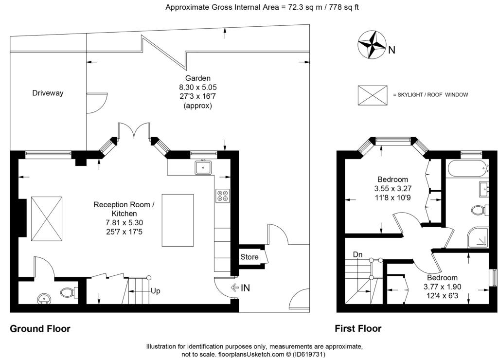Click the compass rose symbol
372,44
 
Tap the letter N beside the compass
392,50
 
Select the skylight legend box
373,95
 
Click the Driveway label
48,93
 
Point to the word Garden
198,78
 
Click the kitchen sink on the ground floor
204,167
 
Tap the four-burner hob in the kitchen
223,196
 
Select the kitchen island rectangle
178,220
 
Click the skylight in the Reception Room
47,218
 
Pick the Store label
249,257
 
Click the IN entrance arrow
235,288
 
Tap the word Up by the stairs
155,291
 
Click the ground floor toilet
68,292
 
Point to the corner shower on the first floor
478,237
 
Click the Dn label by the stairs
357,254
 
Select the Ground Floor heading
40,328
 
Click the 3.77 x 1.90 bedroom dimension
443,287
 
